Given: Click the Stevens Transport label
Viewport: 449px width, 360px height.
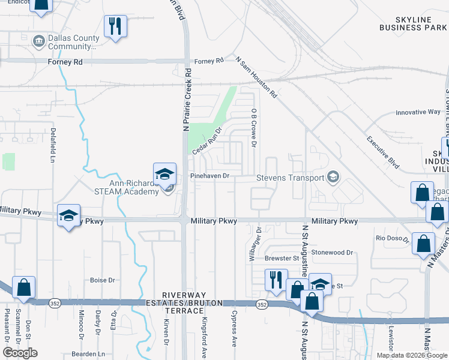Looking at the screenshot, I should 290,178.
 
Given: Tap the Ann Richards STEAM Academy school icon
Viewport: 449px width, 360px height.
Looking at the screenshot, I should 165,174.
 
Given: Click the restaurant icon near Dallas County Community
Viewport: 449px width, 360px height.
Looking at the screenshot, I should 115,26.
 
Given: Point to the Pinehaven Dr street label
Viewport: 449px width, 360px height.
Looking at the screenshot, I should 210,176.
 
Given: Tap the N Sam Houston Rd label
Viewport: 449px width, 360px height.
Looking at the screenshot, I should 256,77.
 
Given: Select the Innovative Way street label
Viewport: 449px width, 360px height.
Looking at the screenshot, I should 418,112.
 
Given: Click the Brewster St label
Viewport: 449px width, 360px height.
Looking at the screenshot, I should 282,259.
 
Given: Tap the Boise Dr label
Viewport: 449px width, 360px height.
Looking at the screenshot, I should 102,280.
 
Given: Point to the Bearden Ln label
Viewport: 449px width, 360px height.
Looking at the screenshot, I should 88,353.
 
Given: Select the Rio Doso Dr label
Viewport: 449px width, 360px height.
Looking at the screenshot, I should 393,239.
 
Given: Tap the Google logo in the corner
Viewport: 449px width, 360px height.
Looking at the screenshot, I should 20,353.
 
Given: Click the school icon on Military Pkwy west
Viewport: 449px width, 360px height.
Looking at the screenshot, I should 69,216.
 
